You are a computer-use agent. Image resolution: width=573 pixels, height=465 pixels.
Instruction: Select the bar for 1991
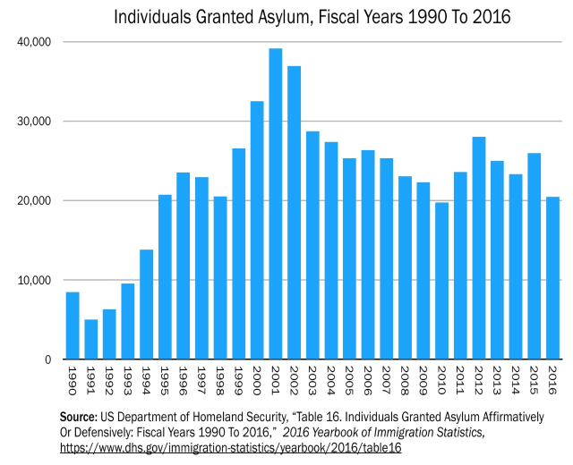(91, 339)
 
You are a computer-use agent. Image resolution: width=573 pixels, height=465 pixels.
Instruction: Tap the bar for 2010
(441, 281)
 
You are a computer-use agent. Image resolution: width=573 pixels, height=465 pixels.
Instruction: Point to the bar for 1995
(165, 276)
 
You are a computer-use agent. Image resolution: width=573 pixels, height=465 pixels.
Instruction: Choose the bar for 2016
(552, 278)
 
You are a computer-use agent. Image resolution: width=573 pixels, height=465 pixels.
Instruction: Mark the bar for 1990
(73, 325)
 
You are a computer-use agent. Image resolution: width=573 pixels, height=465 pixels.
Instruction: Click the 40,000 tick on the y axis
(33, 42)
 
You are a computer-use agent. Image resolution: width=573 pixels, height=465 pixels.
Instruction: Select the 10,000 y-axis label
(33, 280)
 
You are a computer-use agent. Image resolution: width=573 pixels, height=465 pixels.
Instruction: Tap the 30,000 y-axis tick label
(33, 122)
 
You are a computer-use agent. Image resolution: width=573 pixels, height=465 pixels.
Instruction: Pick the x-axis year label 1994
(147, 382)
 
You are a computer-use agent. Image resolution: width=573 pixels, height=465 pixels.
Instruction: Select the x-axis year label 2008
(405, 382)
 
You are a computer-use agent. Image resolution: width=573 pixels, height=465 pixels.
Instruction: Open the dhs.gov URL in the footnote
(230, 446)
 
